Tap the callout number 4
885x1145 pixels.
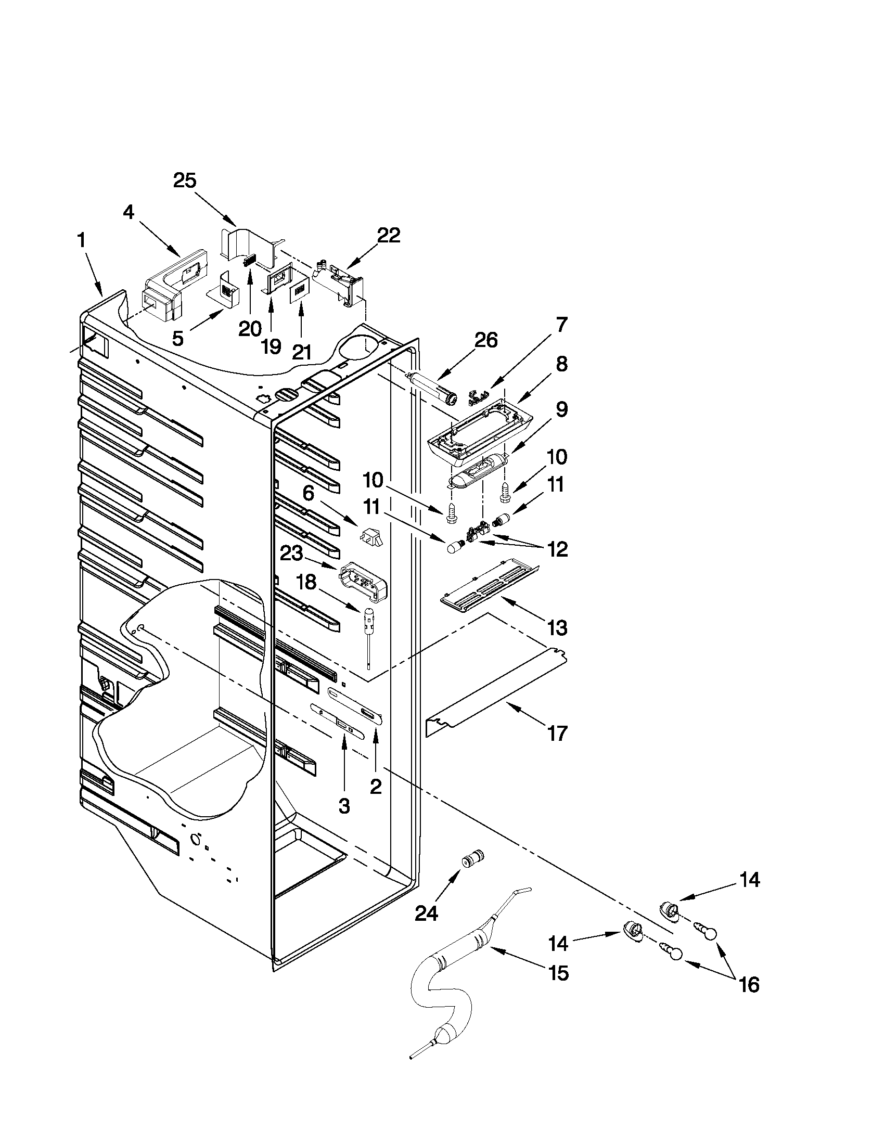coord(129,212)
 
